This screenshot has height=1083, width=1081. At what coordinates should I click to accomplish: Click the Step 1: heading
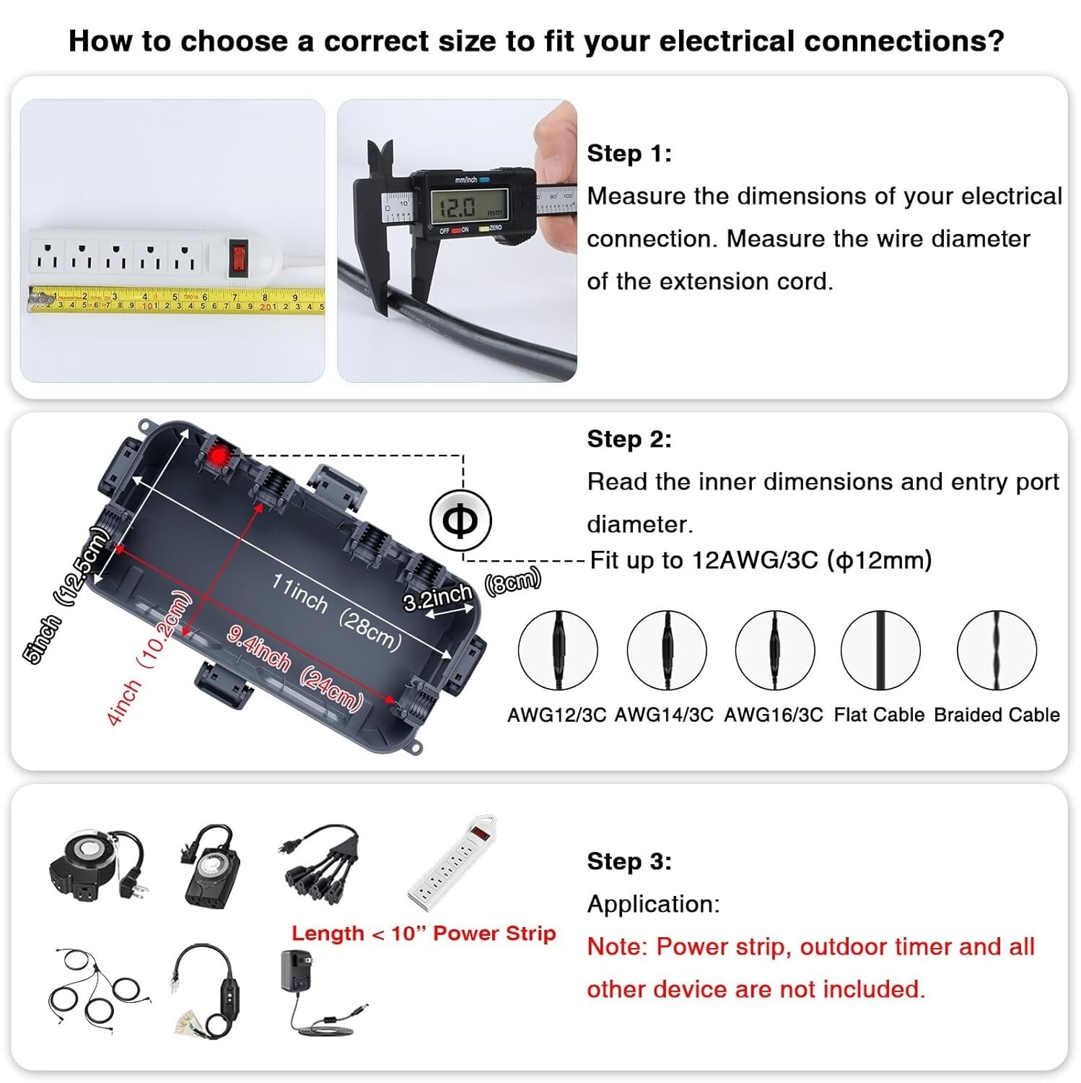[x=629, y=153]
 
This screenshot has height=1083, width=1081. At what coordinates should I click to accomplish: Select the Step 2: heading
[x=629, y=439]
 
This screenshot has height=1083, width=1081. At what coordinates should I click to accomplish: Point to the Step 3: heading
[x=629, y=861]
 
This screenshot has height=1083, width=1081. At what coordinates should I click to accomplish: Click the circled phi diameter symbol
[x=460, y=521]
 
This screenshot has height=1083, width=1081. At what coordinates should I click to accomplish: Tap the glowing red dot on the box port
[x=219, y=456]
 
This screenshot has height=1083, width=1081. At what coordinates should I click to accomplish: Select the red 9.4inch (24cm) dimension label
[x=294, y=669]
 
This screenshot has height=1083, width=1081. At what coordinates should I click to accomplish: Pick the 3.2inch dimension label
[x=437, y=598]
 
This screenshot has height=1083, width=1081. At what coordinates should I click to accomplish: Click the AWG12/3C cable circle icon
[x=558, y=651]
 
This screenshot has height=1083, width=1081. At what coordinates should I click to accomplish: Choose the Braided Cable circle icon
[x=997, y=651]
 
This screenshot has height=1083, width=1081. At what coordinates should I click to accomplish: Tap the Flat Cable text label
[x=878, y=715]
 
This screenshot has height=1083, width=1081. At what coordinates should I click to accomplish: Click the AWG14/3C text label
[x=664, y=715]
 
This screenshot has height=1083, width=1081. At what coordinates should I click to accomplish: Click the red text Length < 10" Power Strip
[x=424, y=934]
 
